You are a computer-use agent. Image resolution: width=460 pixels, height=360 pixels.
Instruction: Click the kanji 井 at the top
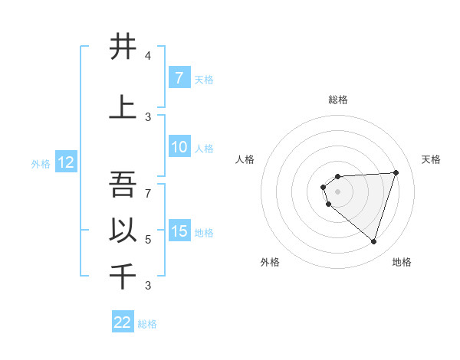(x=123, y=47)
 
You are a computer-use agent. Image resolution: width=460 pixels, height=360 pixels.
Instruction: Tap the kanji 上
(x=123, y=106)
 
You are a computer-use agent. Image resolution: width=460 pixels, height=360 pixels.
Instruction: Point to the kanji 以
(x=123, y=231)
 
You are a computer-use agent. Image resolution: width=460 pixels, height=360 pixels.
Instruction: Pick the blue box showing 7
(x=179, y=78)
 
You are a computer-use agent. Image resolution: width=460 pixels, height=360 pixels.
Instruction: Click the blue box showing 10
(x=179, y=147)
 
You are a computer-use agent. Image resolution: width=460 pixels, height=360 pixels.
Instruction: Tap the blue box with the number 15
(x=179, y=231)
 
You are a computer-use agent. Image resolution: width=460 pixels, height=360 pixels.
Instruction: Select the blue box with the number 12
(x=65, y=162)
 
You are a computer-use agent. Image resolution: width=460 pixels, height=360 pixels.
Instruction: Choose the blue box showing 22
(x=123, y=322)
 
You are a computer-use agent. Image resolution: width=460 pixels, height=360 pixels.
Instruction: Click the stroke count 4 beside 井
(x=148, y=56)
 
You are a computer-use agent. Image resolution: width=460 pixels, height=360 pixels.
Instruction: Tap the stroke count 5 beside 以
(x=148, y=240)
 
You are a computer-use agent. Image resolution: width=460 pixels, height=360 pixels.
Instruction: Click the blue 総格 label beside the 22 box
(x=148, y=324)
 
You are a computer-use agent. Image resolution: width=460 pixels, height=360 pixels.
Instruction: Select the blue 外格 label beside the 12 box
(x=41, y=163)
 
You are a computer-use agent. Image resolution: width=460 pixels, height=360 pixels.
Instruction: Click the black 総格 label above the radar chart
(x=337, y=100)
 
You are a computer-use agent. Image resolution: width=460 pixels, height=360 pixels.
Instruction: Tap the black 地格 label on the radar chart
(x=402, y=262)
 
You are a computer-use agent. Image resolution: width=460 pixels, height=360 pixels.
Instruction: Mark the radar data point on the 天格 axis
(x=396, y=172)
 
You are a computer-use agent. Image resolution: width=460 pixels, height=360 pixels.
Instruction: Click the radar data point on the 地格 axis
(x=373, y=242)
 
